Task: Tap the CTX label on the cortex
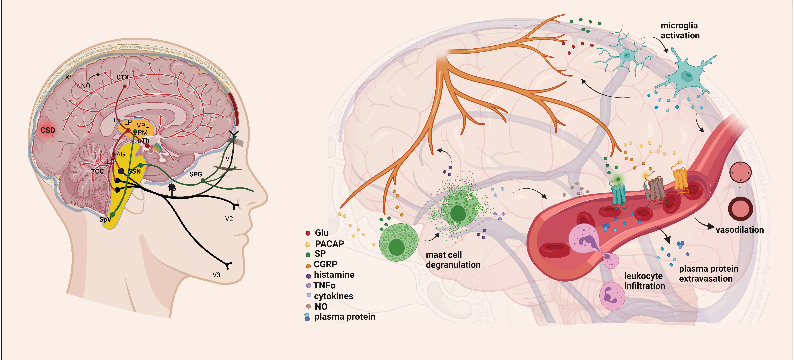(122, 77)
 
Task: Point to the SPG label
(196, 174)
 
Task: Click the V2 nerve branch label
(229, 219)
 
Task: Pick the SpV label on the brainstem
(105, 219)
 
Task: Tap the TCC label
(97, 171)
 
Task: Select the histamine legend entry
(334, 275)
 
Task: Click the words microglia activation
(680, 31)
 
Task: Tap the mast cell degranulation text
(453, 260)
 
